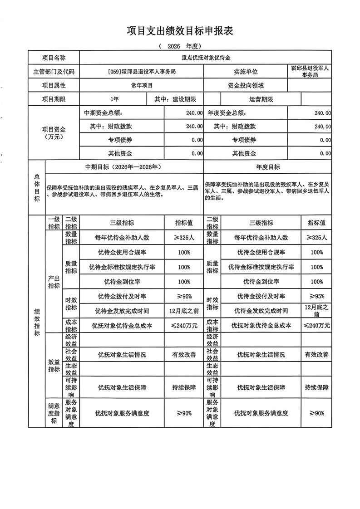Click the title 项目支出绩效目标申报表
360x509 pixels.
(x=180, y=31)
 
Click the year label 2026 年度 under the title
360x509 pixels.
(x=180, y=46)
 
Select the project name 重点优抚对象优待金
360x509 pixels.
(x=206, y=58)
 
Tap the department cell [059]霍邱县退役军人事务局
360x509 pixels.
(x=142, y=72)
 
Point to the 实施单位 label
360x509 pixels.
(x=246, y=72)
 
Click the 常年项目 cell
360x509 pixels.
(x=142, y=85)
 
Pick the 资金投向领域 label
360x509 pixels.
(x=246, y=85)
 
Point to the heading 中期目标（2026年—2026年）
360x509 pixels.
(x=124, y=167)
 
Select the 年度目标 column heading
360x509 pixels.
(x=268, y=167)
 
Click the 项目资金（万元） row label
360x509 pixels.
(x=54, y=133)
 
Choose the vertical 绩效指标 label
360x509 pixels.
(x=37, y=322)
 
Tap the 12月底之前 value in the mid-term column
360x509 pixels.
(x=184, y=311)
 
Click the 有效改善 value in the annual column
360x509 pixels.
(x=316, y=354)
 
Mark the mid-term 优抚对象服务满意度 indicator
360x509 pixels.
(x=122, y=413)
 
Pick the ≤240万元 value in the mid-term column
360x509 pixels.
(x=184, y=325)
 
